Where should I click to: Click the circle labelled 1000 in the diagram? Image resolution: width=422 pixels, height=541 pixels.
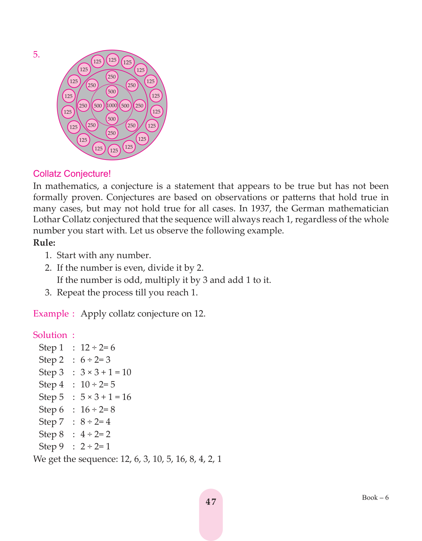[x=112, y=105]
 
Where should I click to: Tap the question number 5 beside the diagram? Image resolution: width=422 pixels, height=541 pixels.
[x=36, y=55]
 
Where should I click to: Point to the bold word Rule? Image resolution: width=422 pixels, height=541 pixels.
[x=44, y=243]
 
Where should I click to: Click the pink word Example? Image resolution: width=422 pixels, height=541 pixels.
[x=51, y=314]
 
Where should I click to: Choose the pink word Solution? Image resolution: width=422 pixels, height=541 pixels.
[x=50, y=335]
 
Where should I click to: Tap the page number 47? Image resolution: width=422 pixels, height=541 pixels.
[x=211, y=502]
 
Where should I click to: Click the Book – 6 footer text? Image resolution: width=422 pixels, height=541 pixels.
[x=375, y=497]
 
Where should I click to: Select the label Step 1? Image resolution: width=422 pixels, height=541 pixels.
[x=51, y=348]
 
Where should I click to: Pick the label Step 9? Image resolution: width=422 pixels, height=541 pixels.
[x=51, y=447]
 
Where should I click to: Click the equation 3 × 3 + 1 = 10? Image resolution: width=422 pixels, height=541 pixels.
[x=106, y=373]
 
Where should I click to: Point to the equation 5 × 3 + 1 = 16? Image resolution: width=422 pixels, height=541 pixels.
[x=106, y=397]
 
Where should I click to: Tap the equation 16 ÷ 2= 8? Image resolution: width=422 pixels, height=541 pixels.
[x=98, y=410]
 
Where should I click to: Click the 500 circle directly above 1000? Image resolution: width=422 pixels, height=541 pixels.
[x=112, y=92]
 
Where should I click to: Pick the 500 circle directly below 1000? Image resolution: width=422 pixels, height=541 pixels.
[x=112, y=119]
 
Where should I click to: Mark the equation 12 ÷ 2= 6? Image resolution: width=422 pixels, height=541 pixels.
[x=98, y=348]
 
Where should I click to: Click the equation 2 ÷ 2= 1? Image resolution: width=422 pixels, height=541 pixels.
[x=95, y=447]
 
